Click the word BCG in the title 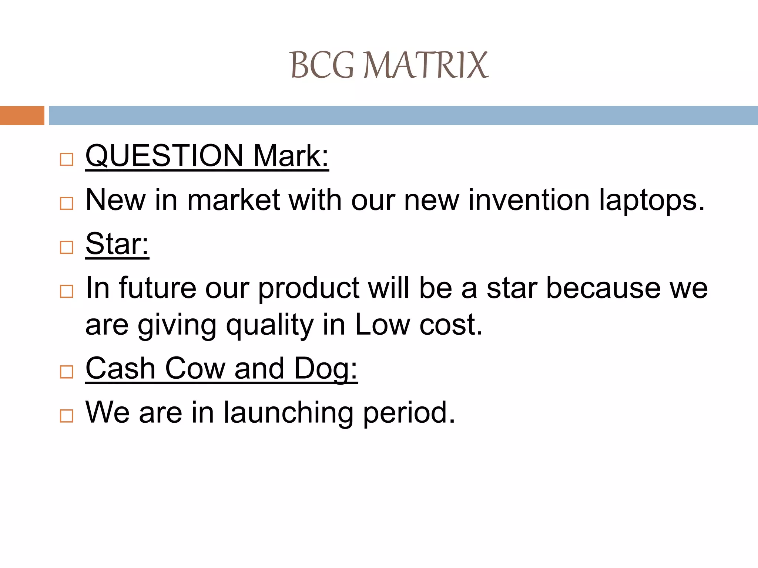tap(322, 65)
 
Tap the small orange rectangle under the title tap(22, 115)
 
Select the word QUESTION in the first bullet tap(164, 156)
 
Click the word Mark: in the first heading tap(291, 156)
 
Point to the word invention tap(529, 200)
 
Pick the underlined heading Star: tap(117, 244)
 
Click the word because tap(603, 288)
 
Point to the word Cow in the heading tap(195, 368)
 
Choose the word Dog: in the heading tap(326, 369)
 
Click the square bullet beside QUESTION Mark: tap(67, 160)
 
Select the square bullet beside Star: tap(67, 247)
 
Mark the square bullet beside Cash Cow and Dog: tap(67, 372)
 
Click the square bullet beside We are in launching tap(67, 416)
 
